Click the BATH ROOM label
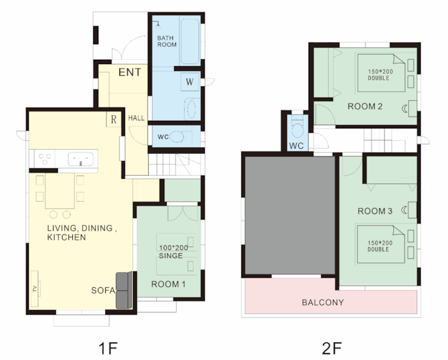pos(167,41)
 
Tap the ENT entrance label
pos(129,72)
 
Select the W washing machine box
pos(190,82)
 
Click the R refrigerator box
pos(114,119)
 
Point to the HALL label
pos(136,118)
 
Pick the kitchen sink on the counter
pos(80,159)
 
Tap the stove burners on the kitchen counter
pos(45,159)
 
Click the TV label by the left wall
pos(35,288)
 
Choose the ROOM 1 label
pos(168,284)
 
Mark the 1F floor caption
pos(108,348)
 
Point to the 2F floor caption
pos(332,348)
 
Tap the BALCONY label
pos(323,302)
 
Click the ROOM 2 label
pos(365,107)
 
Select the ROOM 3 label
pos(375,211)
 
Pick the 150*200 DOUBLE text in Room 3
pos(380,246)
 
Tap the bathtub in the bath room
pos(190,42)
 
